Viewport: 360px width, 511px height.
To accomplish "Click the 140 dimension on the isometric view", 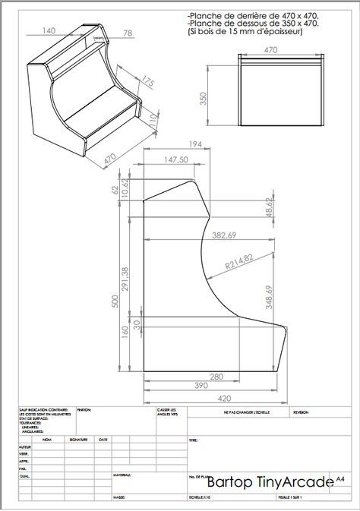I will pyautogui.click(x=49, y=30).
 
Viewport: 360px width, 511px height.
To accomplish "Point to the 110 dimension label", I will pyautogui.click(x=153, y=118).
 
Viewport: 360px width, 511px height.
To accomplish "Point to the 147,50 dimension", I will pyautogui.click(x=175, y=159).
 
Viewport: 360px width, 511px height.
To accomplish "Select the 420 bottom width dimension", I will pyautogui.click(x=226, y=397).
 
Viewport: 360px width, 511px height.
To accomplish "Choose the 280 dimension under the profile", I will pyautogui.click(x=216, y=377).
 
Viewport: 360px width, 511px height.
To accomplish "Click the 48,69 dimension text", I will pyautogui.click(x=269, y=207).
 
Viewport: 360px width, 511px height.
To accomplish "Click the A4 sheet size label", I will pyautogui.click(x=340, y=479).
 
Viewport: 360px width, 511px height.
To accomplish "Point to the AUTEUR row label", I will pyautogui.click(x=24, y=448).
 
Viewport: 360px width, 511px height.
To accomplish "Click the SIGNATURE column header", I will pyautogui.click(x=79, y=439).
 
